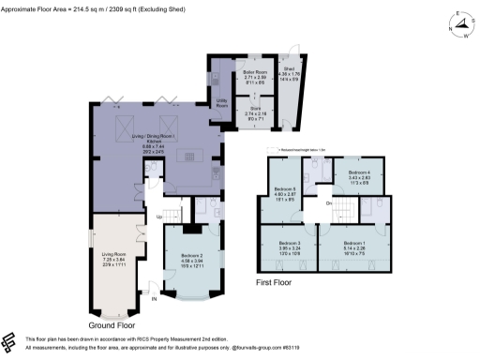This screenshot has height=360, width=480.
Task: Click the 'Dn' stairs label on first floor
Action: coord(328,203)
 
